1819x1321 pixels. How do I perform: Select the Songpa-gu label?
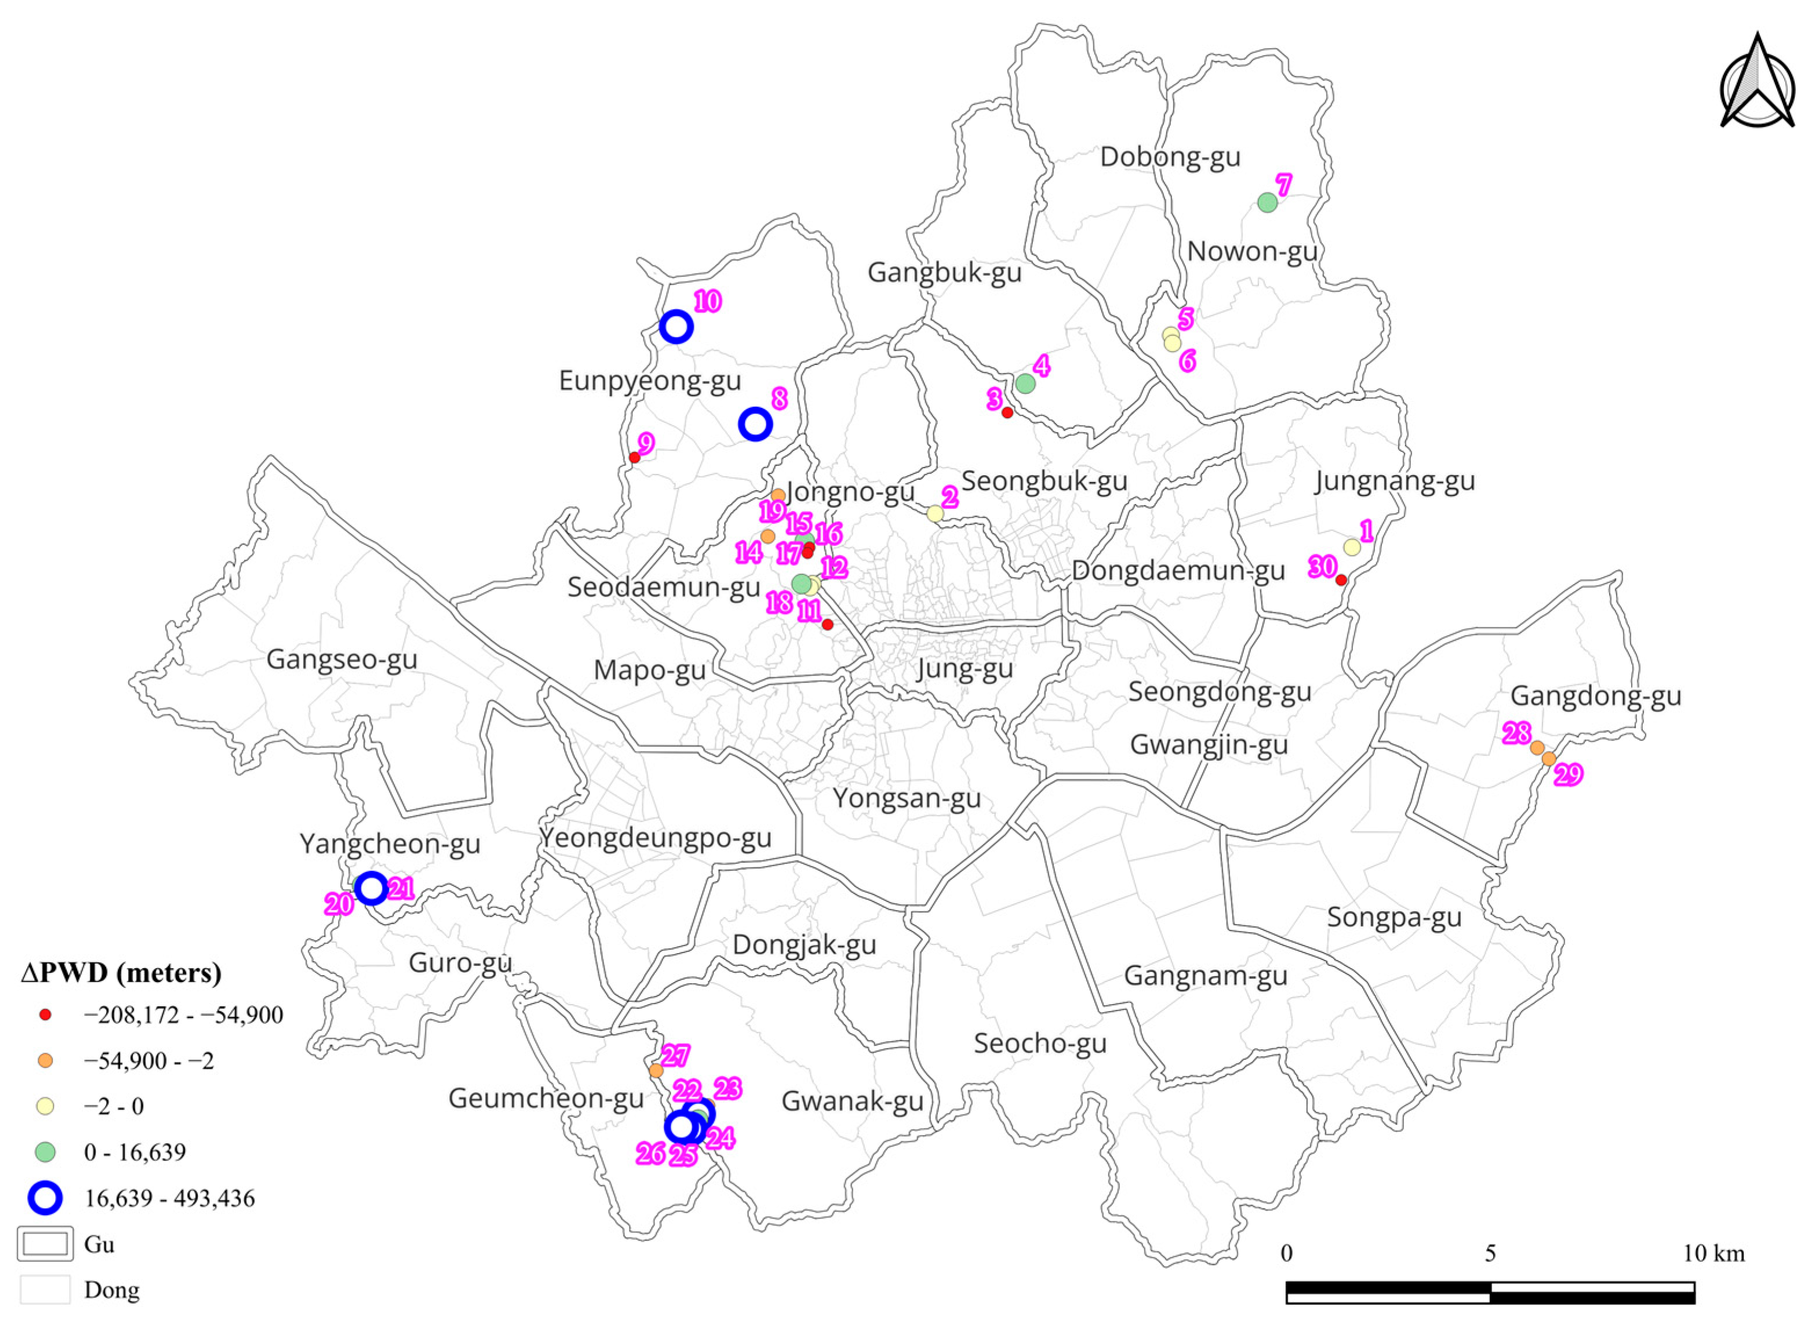(1394, 917)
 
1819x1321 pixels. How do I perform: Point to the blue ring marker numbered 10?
(676, 327)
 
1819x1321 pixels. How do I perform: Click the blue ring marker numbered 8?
(755, 424)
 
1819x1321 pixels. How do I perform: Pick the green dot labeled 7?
(1267, 203)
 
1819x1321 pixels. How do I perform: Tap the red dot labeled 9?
(634, 458)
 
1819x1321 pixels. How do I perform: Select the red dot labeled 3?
(1007, 413)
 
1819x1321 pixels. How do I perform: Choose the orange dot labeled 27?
(656, 1070)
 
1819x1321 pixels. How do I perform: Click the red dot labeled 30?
(1341, 579)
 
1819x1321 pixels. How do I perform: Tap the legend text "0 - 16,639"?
(134, 1152)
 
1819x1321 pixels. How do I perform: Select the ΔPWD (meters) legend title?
(121, 972)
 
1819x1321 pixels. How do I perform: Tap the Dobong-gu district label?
(1170, 156)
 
